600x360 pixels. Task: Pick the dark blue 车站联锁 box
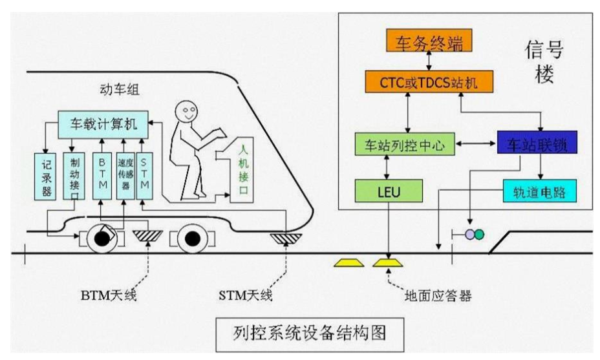tap(537, 143)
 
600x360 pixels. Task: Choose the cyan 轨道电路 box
tap(539, 191)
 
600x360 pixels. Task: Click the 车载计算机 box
tap(103, 121)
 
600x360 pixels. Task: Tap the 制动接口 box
tap(70, 175)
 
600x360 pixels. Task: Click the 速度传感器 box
tap(124, 175)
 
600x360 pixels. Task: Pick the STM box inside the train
tap(144, 175)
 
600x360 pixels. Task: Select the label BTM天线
tap(109, 297)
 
